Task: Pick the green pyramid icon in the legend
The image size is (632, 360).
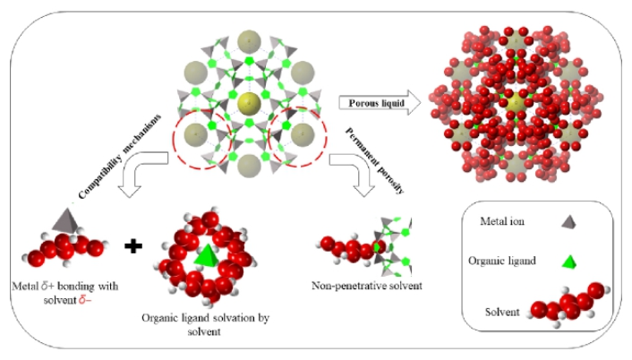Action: (x=567, y=261)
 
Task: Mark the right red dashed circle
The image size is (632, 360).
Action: (x=302, y=139)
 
